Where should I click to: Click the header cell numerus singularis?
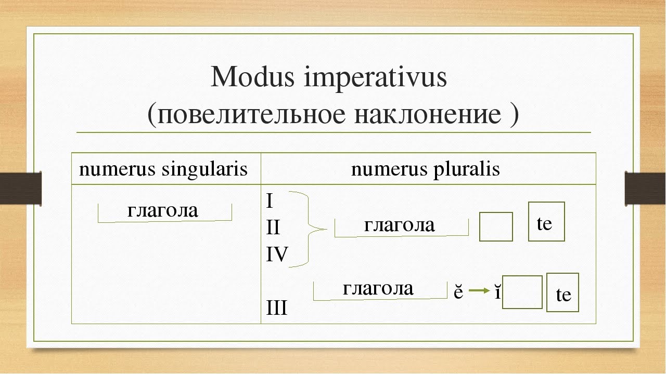pos(163,169)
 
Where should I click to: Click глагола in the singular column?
pos(163,210)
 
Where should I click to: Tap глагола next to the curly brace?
pos(399,225)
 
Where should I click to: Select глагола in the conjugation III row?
pos(378,288)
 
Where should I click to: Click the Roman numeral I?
pos(269,202)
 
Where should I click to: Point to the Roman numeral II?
pos(273,228)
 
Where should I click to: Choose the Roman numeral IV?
pos(276,255)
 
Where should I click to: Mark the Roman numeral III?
pos(276,309)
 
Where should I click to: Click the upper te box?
pos(546,222)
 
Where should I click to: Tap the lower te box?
pos(562,293)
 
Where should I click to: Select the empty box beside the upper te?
pos(496,226)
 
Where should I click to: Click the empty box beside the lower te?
pos(522,292)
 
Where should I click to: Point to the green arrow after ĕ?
pos(478,292)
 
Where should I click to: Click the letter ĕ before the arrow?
pos(458,292)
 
